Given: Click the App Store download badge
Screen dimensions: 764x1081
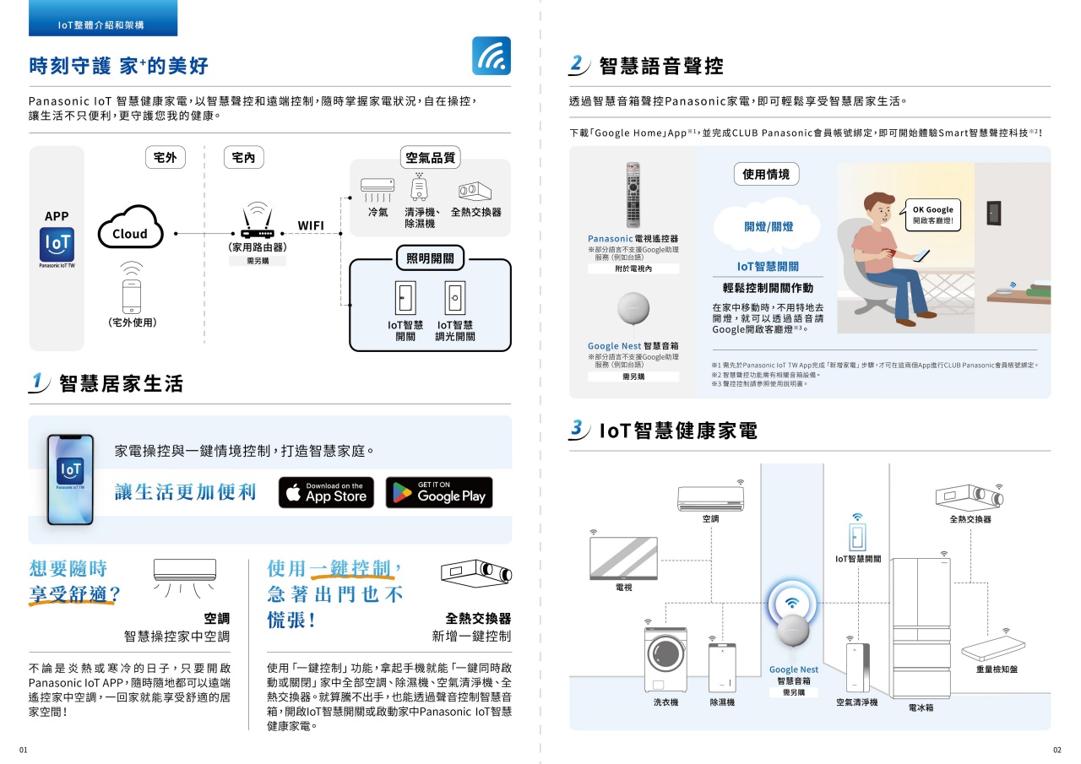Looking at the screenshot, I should [326, 493].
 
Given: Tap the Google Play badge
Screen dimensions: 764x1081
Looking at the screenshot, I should [438, 493].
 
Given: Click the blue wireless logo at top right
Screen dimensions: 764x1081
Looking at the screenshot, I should [491, 57].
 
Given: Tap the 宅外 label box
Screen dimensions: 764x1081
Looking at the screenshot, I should [165, 158].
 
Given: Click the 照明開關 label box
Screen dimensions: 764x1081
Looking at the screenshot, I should [430, 258].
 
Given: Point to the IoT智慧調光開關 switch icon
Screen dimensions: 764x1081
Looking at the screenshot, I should [455, 298].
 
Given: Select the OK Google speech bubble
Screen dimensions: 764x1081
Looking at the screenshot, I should [932, 215].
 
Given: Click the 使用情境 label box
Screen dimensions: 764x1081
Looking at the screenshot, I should [765, 175].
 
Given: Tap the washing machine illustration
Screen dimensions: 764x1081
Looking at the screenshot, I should [666, 659].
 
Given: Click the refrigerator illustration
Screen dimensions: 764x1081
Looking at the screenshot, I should [921, 626].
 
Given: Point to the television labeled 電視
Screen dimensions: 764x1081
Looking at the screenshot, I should [622, 558].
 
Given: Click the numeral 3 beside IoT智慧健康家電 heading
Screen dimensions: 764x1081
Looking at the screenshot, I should [577, 429].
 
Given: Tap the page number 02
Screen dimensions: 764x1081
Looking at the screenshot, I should [1057, 750].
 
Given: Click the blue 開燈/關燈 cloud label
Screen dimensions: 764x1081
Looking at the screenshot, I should [769, 226].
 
